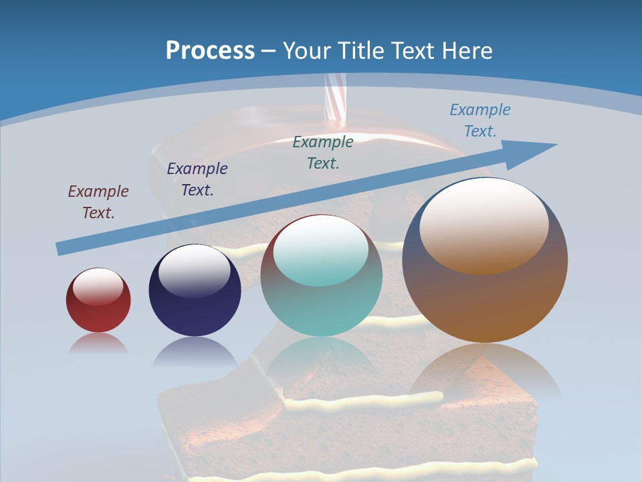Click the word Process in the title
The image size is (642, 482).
(210, 51)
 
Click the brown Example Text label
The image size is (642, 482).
(98, 202)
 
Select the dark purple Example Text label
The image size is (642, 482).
(197, 179)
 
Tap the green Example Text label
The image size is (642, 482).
(323, 152)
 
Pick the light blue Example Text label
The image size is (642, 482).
(480, 120)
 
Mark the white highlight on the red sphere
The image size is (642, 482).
(98, 286)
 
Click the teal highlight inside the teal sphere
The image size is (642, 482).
(321, 253)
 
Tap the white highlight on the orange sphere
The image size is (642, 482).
(484, 224)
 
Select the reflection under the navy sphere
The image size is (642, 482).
(195, 351)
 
